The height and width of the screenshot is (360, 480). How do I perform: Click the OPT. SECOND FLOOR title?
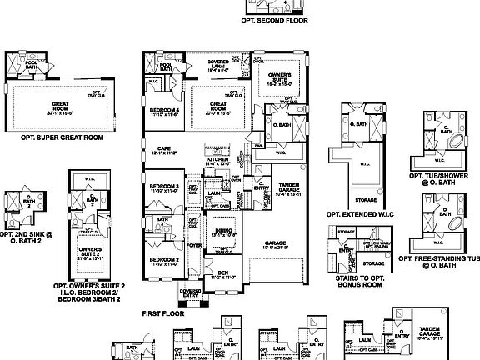tap(275, 18)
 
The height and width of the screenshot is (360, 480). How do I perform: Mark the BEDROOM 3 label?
tap(164, 187)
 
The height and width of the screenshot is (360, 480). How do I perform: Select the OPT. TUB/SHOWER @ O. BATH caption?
tap(442, 176)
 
